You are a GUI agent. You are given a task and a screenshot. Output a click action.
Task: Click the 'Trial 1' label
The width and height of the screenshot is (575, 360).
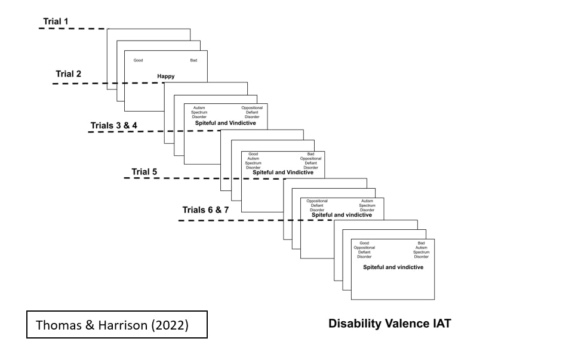(56, 21)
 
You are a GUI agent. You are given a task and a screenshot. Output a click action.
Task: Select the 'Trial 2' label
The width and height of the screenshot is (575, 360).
(69, 74)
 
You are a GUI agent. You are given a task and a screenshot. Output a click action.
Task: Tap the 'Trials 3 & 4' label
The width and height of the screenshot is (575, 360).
(113, 126)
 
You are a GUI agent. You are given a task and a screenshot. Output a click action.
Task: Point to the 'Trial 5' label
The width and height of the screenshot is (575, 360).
(144, 172)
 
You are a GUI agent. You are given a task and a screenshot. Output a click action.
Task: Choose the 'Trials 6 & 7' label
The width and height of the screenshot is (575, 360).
(205, 210)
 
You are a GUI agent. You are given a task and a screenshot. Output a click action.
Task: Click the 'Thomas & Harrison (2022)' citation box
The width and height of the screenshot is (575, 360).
(116, 325)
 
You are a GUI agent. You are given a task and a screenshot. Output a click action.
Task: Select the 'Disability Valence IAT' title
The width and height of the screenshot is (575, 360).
(389, 324)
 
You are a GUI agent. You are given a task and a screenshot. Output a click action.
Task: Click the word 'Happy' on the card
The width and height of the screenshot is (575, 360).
(166, 76)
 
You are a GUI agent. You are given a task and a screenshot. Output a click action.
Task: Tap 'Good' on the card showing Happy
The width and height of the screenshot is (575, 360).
(138, 60)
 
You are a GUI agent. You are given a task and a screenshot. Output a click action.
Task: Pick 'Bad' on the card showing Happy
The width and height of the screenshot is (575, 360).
(193, 60)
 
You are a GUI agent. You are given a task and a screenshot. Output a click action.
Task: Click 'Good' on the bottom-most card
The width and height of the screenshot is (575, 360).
(364, 243)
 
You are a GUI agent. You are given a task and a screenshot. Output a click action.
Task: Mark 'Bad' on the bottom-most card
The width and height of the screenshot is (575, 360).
(422, 243)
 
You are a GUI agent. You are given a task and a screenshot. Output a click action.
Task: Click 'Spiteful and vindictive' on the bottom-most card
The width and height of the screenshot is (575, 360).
(393, 267)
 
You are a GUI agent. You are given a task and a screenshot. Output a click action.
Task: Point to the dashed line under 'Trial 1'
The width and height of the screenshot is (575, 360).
(72, 28)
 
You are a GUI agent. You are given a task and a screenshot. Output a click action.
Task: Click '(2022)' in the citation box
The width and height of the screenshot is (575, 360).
(173, 325)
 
